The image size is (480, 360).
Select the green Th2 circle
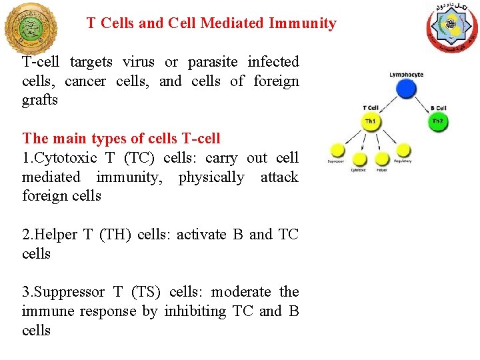(x=437, y=122)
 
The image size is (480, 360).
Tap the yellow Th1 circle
(x=371, y=122)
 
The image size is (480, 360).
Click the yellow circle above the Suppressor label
(x=338, y=150)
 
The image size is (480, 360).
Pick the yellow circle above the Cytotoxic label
(x=360, y=159)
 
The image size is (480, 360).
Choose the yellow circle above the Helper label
(x=382, y=159)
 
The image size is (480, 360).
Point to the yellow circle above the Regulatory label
(x=403, y=150)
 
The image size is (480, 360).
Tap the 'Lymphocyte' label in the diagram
(x=406, y=75)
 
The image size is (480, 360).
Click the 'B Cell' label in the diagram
(x=438, y=108)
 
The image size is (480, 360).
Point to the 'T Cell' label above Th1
(x=371, y=108)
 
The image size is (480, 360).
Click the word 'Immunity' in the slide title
(x=302, y=23)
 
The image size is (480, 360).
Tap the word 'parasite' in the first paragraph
(x=214, y=62)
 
